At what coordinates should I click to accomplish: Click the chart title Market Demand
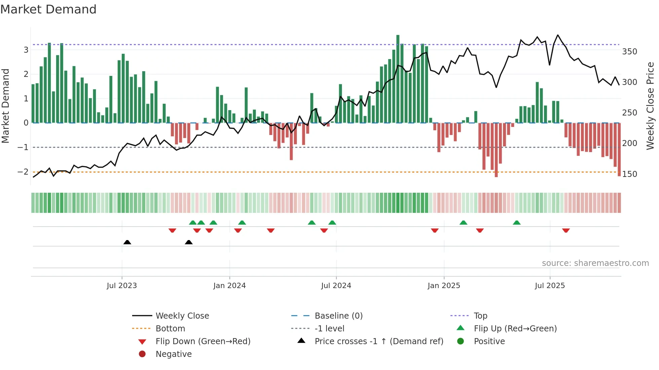(48, 9)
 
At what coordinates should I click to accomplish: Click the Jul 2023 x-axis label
(122, 286)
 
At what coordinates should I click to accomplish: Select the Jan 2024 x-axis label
(229, 286)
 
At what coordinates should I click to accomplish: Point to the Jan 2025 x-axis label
(443, 286)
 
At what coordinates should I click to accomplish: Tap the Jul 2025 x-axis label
(550, 286)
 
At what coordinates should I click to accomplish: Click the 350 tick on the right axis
(629, 52)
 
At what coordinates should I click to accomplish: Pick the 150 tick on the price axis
(629, 174)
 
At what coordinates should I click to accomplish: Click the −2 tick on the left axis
(23, 172)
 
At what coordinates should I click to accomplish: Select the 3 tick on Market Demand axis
(26, 50)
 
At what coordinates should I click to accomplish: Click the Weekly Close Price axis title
(650, 106)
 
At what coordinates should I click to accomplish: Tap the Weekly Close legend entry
(182, 316)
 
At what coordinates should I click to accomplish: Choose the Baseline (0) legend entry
(338, 316)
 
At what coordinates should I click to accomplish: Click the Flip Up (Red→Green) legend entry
(515, 329)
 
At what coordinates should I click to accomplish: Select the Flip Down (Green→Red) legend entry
(203, 341)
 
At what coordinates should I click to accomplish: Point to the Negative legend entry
(173, 354)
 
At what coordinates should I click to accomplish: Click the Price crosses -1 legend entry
(379, 341)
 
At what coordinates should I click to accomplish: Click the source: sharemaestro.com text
(595, 263)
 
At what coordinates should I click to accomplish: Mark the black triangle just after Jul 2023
(127, 242)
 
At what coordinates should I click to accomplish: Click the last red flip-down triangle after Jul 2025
(566, 230)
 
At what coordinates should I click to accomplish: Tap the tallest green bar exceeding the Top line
(398, 79)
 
